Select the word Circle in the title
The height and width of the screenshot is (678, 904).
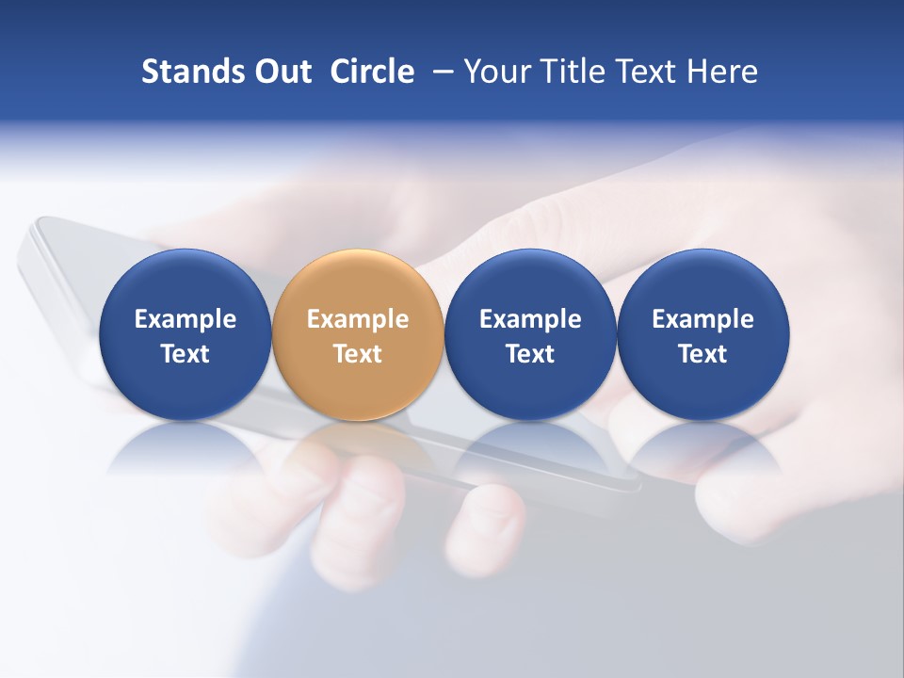(x=372, y=72)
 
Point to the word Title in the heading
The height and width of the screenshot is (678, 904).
(x=575, y=72)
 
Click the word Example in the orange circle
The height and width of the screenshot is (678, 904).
(x=358, y=319)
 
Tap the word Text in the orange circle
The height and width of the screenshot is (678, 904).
(x=358, y=354)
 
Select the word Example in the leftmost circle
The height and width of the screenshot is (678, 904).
(x=185, y=319)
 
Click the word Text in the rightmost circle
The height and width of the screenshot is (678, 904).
(x=703, y=354)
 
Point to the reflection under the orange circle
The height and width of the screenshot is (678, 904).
(x=358, y=447)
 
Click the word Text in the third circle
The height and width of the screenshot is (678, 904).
(x=530, y=354)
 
